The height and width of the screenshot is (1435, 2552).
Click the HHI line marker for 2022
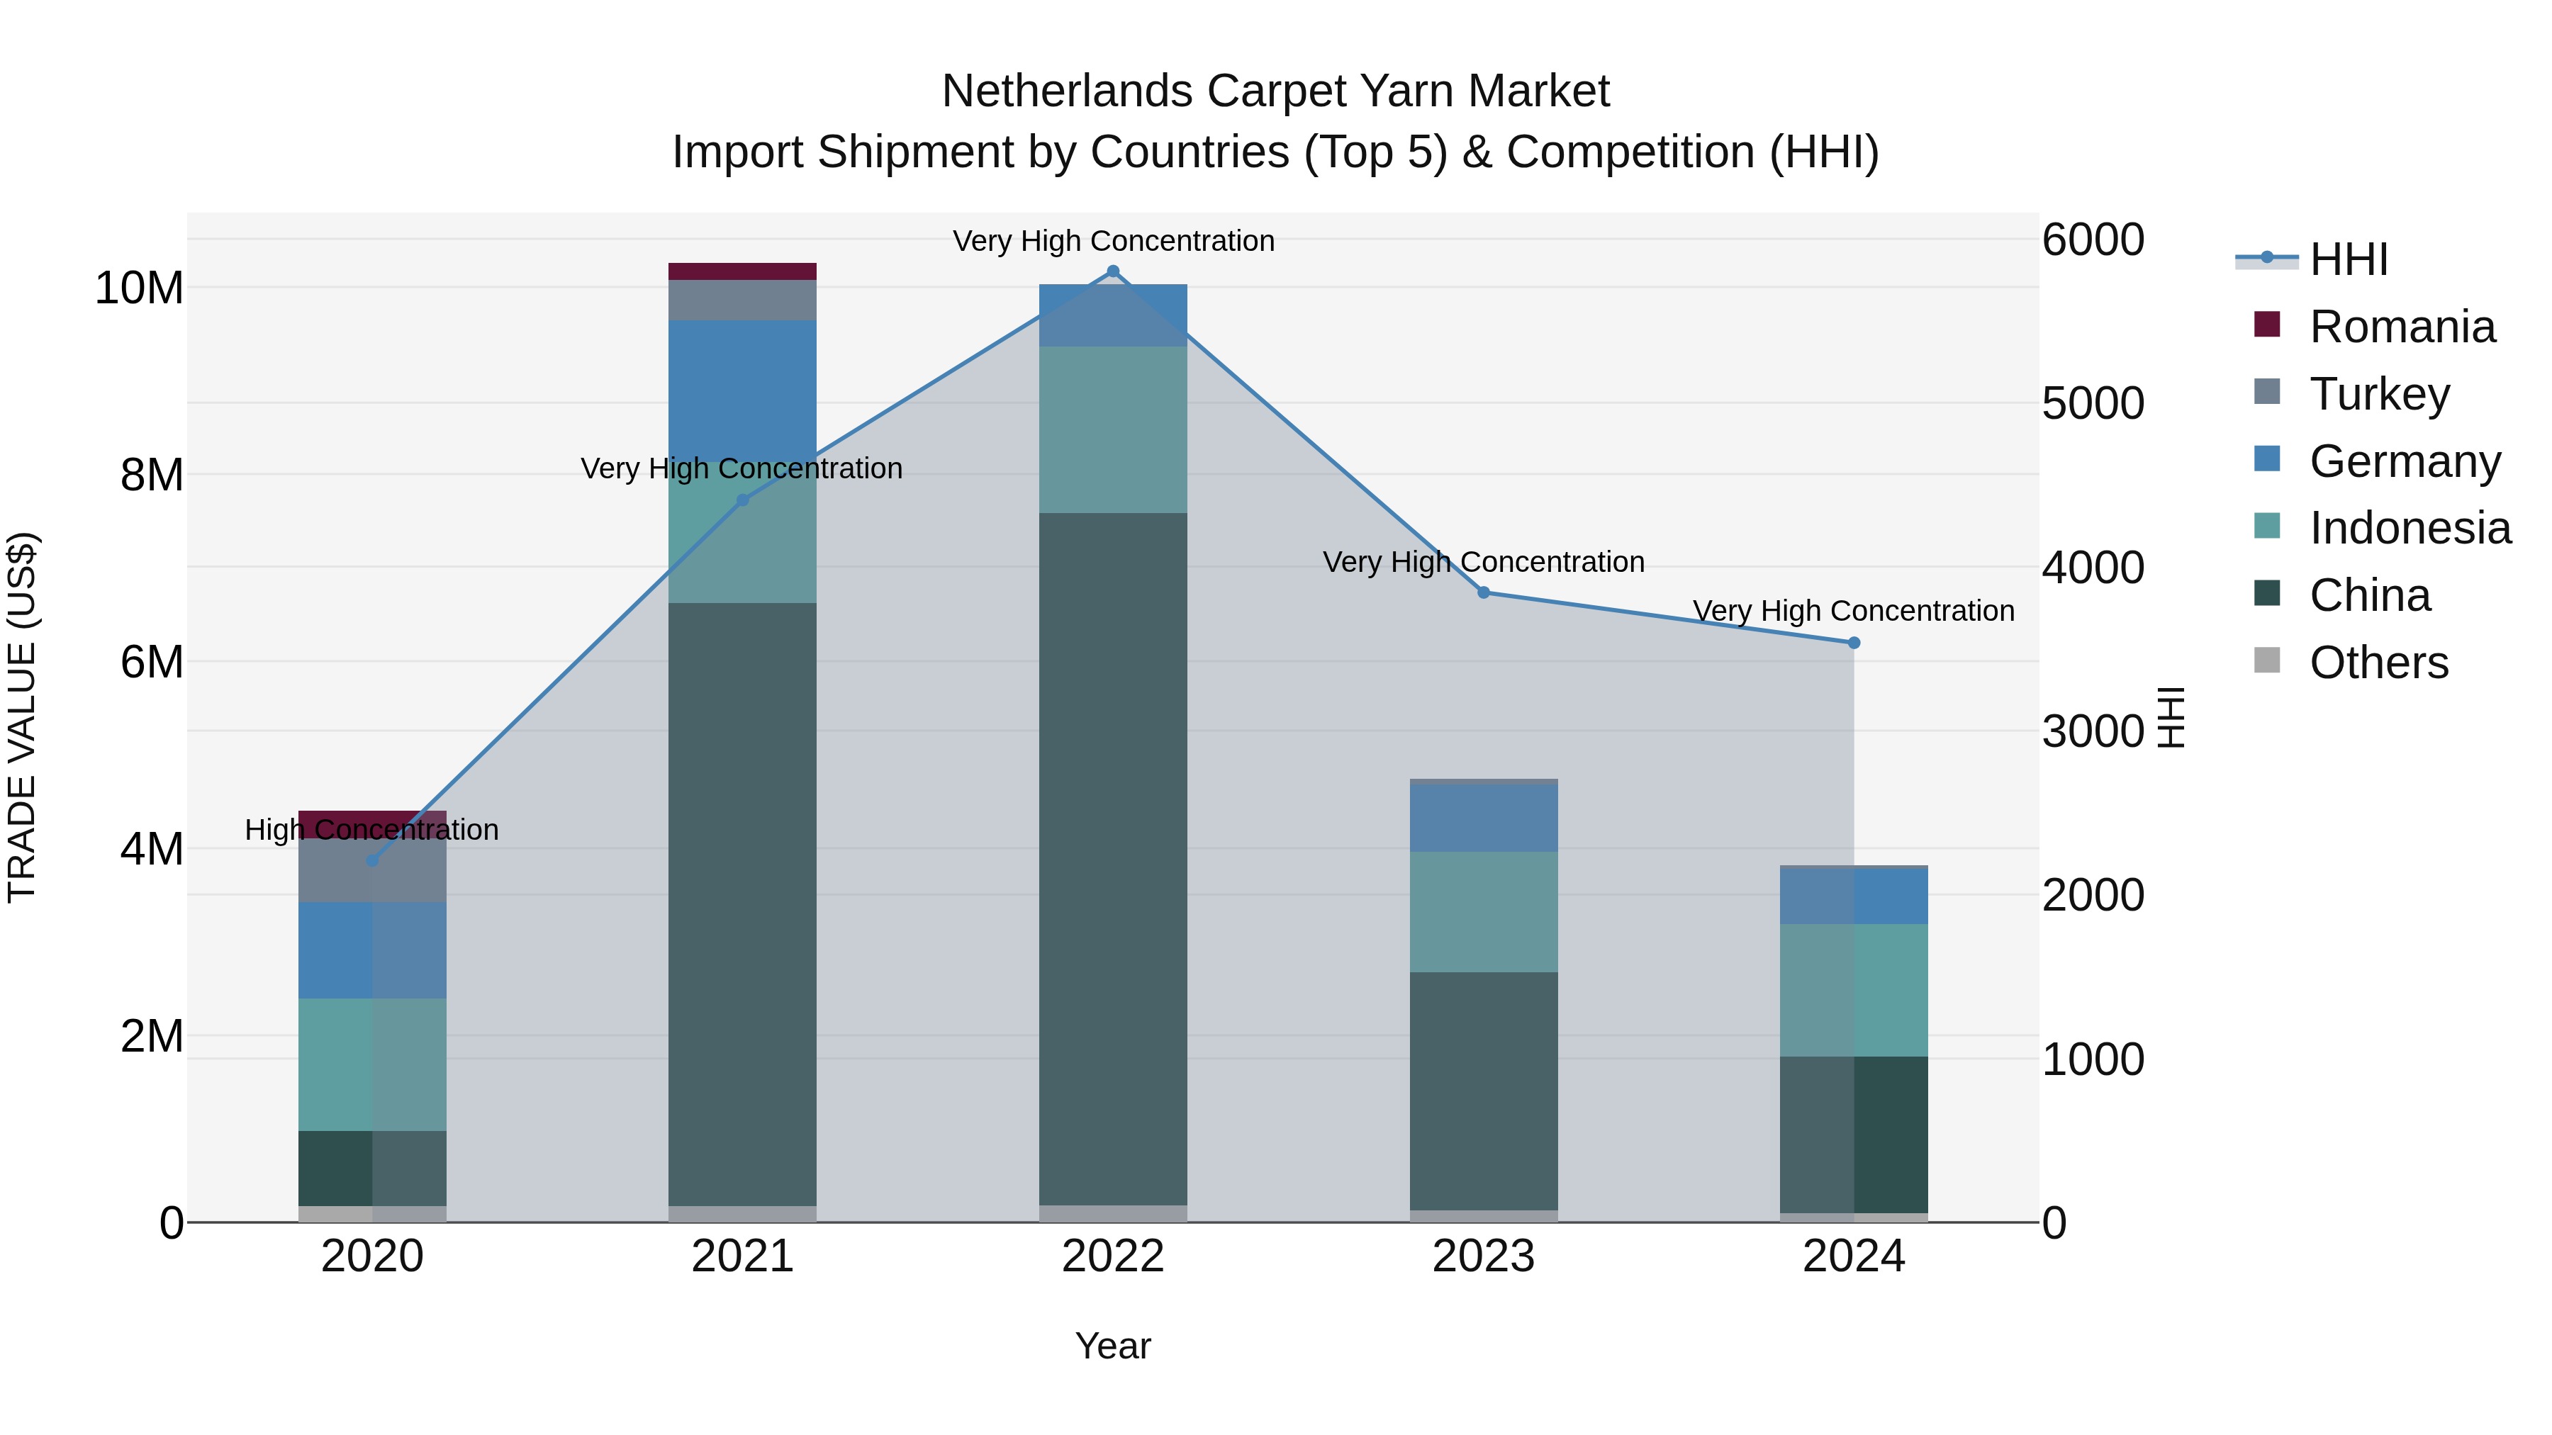pyautogui.click(x=1112, y=271)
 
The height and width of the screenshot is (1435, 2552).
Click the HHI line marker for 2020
pyautogui.click(x=372, y=860)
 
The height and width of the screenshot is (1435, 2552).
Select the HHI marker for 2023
pyautogui.click(x=1483, y=592)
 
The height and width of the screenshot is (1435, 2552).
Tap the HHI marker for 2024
pyautogui.click(x=1854, y=643)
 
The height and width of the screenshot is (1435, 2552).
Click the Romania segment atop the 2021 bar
pyautogui.click(x=742, y=271)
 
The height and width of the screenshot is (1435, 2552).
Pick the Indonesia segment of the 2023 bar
pyautogui.click(x=1483, y=911)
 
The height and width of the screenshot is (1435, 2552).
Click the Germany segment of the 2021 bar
pyautogui.click(x=742, y=390)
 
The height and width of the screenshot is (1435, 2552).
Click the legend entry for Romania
pyautogui.click(x=2402, y=327)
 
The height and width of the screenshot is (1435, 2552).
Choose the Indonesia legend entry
pyautogui.click(x=2410, y=528)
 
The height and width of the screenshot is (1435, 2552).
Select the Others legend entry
pyautogui.click(x=2378, y=663)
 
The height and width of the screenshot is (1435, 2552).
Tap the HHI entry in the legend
pyautogui.click(x=2348, y=259)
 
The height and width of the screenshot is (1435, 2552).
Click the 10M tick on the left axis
pyautogui.click(x=139, y=288)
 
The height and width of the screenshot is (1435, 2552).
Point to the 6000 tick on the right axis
pyautogui.click(x=2093, y=240)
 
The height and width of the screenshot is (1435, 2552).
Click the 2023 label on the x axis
pyautogui.click(x=1483, y=1256)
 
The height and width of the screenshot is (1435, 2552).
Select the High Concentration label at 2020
pyautogui.click(x=371, y=829)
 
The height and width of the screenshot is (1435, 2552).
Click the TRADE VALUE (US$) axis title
pyautogui.click(x=22, y=717)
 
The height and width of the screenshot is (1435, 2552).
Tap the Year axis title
pyautogui.click(x=1112, y=1346)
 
